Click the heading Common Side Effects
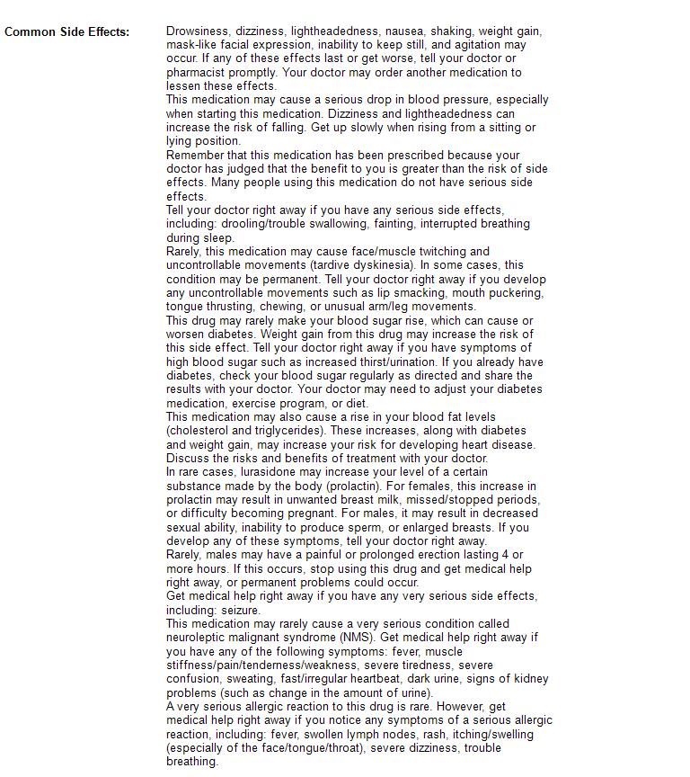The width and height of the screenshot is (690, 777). click(x=66, y=31)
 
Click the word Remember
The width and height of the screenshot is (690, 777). click(x=195, y=155)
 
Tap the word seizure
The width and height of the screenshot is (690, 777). click(x=240, y=610)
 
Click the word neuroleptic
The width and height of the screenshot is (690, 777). click(x=199, y=638)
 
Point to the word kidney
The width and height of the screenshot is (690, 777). click(x=528, y=679)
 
